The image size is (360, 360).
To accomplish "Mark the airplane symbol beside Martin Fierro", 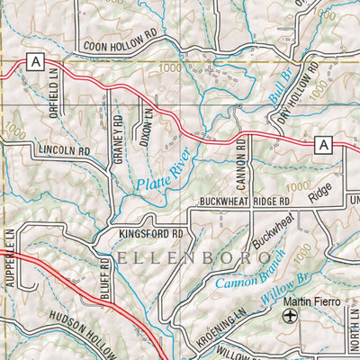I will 289,317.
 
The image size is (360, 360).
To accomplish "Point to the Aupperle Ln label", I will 12,252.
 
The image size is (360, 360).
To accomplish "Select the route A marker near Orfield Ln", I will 35,62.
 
